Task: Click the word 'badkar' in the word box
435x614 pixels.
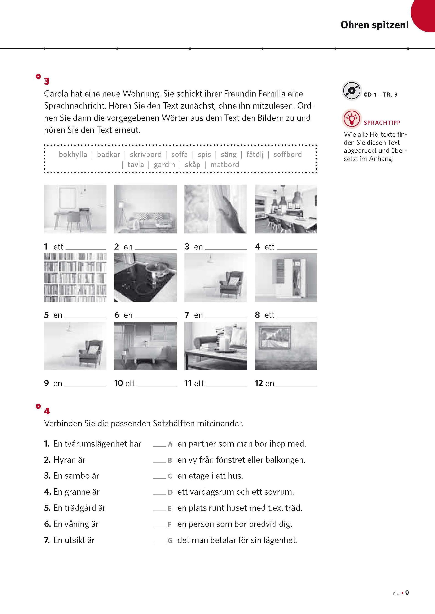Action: [109, 154]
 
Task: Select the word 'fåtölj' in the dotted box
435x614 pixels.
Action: [255, 154]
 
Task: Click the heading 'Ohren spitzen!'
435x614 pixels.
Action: [374, 25]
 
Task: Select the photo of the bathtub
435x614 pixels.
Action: [145, 346]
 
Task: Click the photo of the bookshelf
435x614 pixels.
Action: [75, 277]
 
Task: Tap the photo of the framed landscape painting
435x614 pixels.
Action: [286, 346]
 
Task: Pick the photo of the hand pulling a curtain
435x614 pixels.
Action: [216, 209]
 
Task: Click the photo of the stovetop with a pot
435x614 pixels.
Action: [145, 277]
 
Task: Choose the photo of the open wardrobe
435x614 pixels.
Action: [286, 277]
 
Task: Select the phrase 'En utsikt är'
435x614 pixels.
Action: [74, 540]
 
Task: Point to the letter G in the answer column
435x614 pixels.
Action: [170, 541]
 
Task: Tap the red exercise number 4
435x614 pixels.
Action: [47, 411]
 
